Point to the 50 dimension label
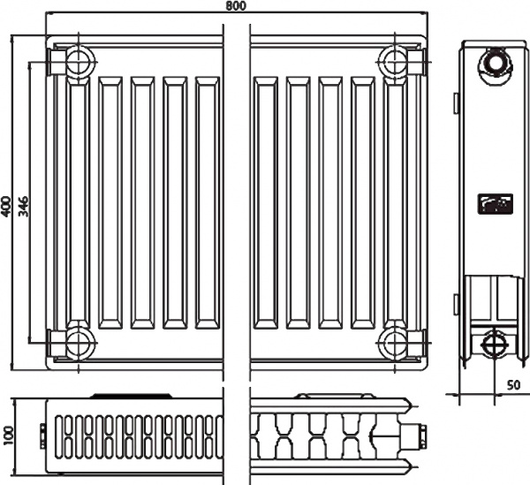[x=513, y=385]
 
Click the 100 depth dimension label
[x=9, y=434]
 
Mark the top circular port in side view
[x=492, y=64]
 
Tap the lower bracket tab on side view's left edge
[x=456, y=304]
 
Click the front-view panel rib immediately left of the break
[x=208, y=203]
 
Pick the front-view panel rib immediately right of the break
[x=264, y=203]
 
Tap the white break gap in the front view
[x=237, y=203]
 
